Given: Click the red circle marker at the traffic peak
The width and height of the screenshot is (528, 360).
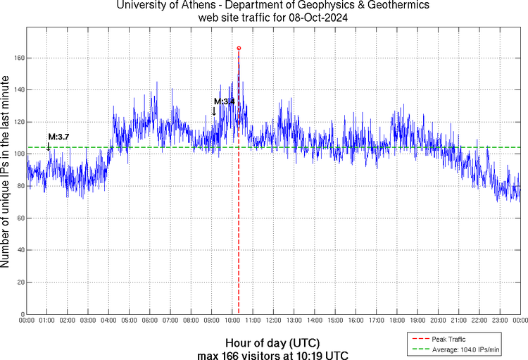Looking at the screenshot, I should coord(239,48).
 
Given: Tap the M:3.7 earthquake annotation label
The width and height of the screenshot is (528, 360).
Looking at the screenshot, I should coord(58,136).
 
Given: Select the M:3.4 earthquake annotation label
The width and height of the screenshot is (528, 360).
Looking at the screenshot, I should coord(224,102).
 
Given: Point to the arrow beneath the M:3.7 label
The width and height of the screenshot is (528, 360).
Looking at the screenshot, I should coord(48,147).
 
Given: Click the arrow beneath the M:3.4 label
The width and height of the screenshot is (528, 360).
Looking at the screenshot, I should coord(214,111).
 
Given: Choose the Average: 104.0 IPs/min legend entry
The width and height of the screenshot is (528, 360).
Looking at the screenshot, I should coord(464,348).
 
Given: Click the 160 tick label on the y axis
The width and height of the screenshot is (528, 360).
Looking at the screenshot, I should coord(16,58).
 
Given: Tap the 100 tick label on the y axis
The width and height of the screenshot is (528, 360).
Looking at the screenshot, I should coord(16,154).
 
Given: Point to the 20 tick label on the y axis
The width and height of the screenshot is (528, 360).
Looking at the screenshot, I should coord(18,283).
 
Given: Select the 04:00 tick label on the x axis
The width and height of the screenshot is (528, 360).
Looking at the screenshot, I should coord(109,321).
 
